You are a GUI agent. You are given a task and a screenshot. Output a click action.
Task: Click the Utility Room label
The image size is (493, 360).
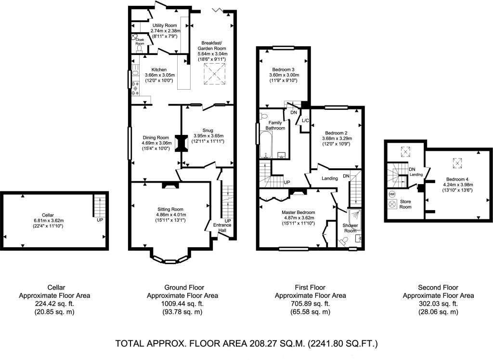tap(165, 25)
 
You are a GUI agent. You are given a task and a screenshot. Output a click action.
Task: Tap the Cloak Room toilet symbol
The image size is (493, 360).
tap(139, 48)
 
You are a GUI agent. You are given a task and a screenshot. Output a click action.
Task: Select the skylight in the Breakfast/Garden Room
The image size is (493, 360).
tap(215, 74)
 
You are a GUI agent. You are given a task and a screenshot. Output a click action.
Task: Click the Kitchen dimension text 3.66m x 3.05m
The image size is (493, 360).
tap(160, 75)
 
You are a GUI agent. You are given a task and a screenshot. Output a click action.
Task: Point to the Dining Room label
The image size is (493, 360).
tap(156, 137)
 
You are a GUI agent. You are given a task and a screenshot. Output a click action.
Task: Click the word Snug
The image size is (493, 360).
tap(208, 130)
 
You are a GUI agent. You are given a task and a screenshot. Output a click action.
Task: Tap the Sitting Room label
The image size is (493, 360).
tap(170, 209)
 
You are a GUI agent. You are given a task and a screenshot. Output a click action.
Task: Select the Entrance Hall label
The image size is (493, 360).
tap(222, 227)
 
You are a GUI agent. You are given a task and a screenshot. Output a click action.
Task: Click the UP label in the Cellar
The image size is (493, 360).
tap(100, 220)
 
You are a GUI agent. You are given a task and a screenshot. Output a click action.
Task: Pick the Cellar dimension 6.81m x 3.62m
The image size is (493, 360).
tap(49, 221)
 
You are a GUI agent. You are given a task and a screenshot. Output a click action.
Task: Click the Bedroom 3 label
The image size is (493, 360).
tap(283, 69)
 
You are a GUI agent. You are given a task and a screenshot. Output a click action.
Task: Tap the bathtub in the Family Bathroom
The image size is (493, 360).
tap(266, 145)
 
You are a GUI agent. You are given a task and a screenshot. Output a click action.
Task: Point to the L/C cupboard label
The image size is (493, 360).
tap(305, 120)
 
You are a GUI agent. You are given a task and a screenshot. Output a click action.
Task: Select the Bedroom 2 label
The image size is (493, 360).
tap(336, 133)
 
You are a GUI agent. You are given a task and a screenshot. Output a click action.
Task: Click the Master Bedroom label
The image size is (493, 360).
tap(298, 213)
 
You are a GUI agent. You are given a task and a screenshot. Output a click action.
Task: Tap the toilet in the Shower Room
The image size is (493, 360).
tap(342, 241)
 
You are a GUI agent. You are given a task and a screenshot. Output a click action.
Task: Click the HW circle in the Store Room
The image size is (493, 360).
tap(392, 194)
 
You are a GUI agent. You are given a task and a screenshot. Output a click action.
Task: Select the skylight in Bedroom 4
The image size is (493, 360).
tap(457, 163)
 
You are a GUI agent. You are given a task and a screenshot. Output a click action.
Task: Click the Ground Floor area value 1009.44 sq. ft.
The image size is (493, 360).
tap(182, 304)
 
